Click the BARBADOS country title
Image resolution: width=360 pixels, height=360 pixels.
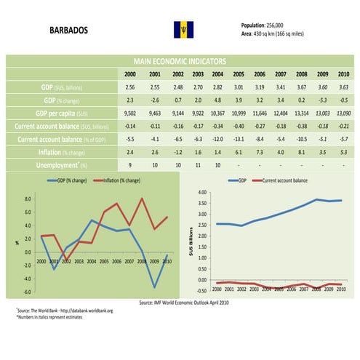click(69, 32)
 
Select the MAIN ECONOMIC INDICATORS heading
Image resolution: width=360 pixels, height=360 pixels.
click(180, 63)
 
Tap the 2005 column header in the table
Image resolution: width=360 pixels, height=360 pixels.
click(237, 74)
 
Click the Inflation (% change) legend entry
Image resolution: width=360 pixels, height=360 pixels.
click(117, 180)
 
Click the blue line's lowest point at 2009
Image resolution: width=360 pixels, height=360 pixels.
click(153, 287)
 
